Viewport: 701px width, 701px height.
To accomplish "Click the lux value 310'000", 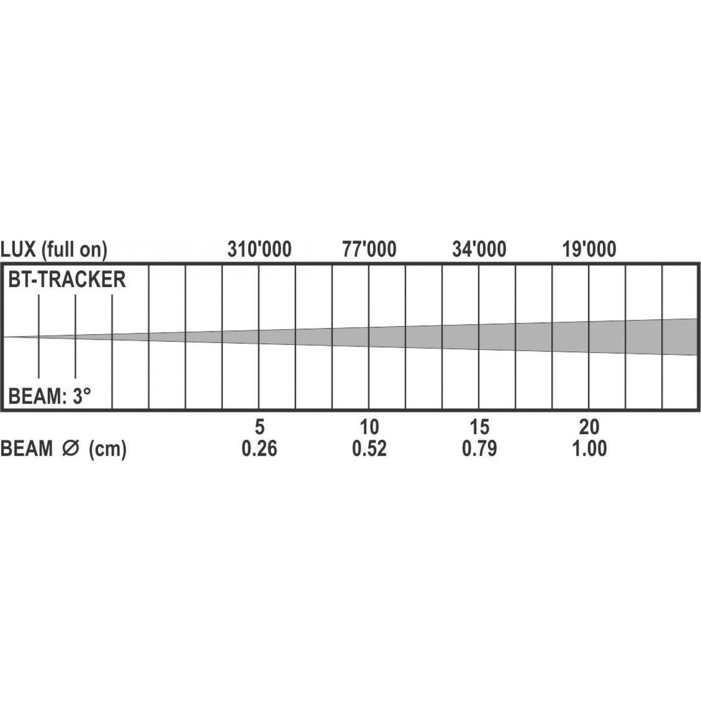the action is click(x=259, y=249).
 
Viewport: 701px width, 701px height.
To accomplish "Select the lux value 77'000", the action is click(x=369, y=249).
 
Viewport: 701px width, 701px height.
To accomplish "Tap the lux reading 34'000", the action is click(x=479, y=249).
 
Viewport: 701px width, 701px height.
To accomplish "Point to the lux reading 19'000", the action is click(x=590, y=249).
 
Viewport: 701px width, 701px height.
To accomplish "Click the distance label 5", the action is click(x=259, y=427).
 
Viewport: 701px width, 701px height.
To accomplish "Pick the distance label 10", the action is click(x=369, y=427).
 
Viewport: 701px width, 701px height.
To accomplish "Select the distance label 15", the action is click(x=479, y=427).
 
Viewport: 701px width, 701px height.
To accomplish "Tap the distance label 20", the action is click(x=590, y=427).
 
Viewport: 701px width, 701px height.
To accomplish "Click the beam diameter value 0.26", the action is click(x=259, y=449).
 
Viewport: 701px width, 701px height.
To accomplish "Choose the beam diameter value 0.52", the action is click(x=369, y=449).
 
